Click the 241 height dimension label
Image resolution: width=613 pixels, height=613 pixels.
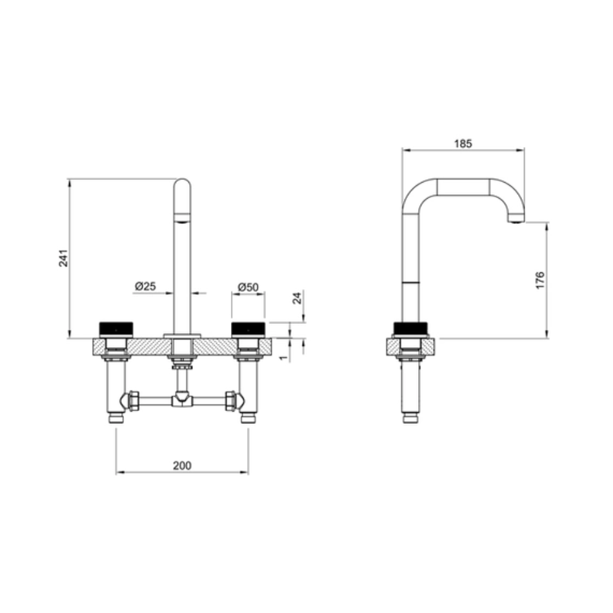(x=63, y=258)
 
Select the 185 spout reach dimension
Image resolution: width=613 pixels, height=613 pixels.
(x=463, y=143)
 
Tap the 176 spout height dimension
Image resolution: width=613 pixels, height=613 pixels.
(x=540, y=279)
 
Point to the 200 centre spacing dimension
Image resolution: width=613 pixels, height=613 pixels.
(x=182, y=465)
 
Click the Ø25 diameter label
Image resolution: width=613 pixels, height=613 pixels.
(x=145, y=286)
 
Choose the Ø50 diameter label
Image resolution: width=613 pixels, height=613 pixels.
(x=248, y=286)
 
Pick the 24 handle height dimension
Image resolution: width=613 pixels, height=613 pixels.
(x=297, y=298)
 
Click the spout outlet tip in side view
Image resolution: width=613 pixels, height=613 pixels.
(x=516, y=219)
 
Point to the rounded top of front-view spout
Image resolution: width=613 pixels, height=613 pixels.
(x=182, y=185)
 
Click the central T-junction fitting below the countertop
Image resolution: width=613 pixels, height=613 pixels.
(x=182, y=400)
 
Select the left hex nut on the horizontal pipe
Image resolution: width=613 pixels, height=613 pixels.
(x=134, y=400)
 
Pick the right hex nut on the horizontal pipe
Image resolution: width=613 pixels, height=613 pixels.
(x=229, y=400)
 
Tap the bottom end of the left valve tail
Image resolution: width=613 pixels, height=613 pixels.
(x=116, y=419)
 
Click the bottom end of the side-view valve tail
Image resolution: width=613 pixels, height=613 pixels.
(x=411, y=419)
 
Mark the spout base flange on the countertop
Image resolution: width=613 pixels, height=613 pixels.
(x=182, y=336)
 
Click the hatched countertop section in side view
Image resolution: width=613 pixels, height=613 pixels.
(x=394, y=347)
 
